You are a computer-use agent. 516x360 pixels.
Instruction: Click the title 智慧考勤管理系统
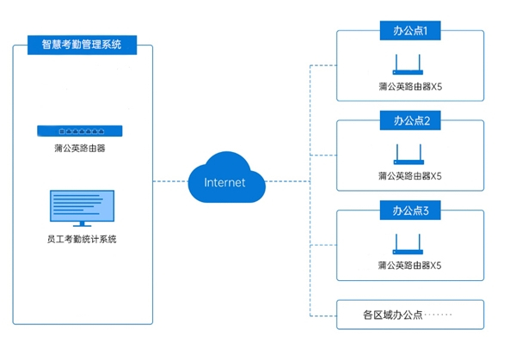pos(83,44)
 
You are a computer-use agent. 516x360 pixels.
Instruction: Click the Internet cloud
pos(224,179)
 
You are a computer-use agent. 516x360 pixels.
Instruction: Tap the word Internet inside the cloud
pos(224,182)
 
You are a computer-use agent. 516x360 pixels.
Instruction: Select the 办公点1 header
pos(409,31)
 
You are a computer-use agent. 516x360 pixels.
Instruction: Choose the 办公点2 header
pos(409,119)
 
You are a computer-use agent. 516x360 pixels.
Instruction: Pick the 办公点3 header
pos(409,210)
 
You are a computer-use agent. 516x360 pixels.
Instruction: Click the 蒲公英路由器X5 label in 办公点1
pos(409,87)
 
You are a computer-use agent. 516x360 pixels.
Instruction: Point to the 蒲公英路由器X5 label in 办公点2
pos(409,176)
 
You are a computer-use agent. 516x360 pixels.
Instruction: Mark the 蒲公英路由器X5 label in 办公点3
pos(409,265)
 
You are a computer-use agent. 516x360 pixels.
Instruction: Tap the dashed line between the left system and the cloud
pos(170,181)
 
